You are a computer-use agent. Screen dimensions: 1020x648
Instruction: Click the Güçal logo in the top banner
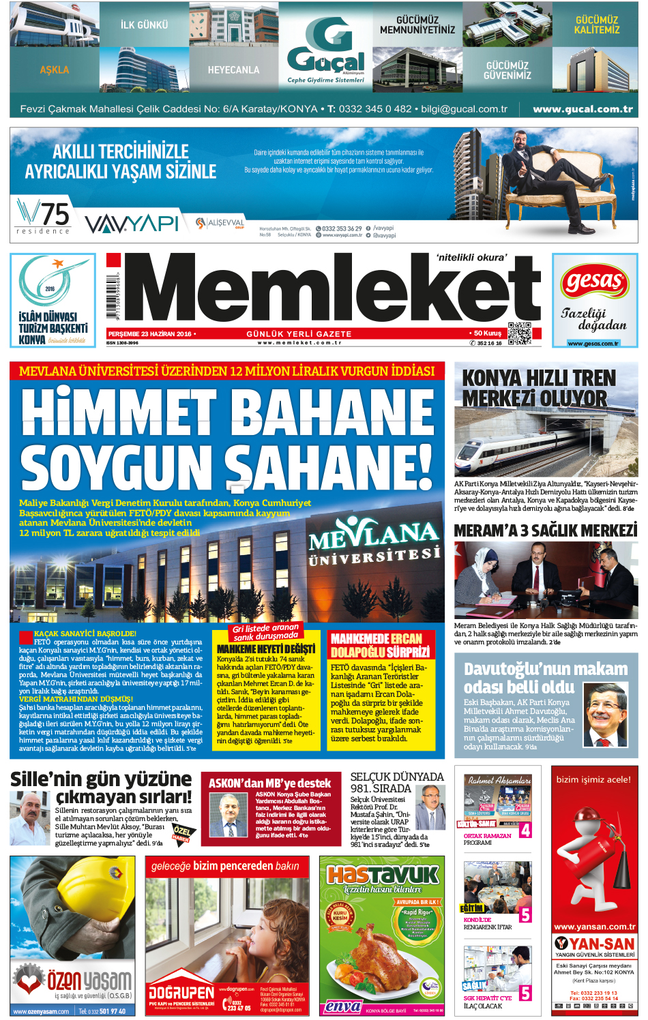[x=325, y=49]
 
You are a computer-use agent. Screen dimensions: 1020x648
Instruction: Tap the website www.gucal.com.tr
[x=583, y=109]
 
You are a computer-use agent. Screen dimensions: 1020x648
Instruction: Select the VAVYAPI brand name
[x=132, y=223]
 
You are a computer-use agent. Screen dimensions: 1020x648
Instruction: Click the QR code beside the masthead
[x=519, y=333]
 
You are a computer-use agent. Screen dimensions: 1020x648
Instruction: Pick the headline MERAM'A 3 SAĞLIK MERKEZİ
[x=546, y=530]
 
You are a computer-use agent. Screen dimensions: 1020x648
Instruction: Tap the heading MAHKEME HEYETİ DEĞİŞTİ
[x=266, y=649]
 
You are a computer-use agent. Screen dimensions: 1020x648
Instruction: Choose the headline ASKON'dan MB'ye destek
[x=269, y=783]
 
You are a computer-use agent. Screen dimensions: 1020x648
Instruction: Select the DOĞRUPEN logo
[x=181, y=992]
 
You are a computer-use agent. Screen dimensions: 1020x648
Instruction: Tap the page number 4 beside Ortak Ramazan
[x=525, y=830]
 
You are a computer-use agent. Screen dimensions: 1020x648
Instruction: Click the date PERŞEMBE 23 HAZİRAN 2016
[x=150, y=334]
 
